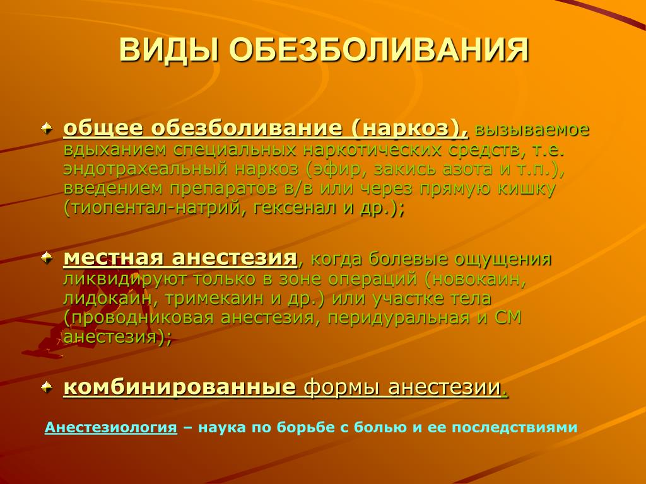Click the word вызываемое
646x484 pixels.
point(532,129)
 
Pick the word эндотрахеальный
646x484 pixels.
point(146,169)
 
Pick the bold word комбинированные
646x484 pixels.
point(180,388)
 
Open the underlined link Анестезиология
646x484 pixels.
point(111,428)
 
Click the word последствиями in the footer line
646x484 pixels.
point(515,428)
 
